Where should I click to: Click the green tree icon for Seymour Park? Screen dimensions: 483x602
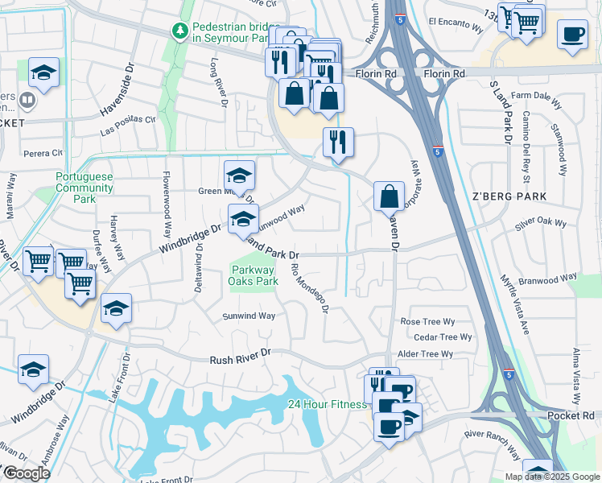[181, 31]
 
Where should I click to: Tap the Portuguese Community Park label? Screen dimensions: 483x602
[85, 188]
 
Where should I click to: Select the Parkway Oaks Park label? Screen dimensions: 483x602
[254, 275]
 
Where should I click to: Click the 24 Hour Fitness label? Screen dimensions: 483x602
[327, 404]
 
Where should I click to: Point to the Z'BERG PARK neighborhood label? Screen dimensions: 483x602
[509, 196]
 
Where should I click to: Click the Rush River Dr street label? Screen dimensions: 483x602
[241, 362]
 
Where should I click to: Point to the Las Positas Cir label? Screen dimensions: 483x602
[128, 126]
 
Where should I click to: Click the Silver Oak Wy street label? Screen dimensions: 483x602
[541, 223]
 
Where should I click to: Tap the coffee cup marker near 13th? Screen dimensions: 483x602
[572, 35]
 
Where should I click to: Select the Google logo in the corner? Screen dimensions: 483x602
[27, 473]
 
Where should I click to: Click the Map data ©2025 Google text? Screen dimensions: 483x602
[551, 477]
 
